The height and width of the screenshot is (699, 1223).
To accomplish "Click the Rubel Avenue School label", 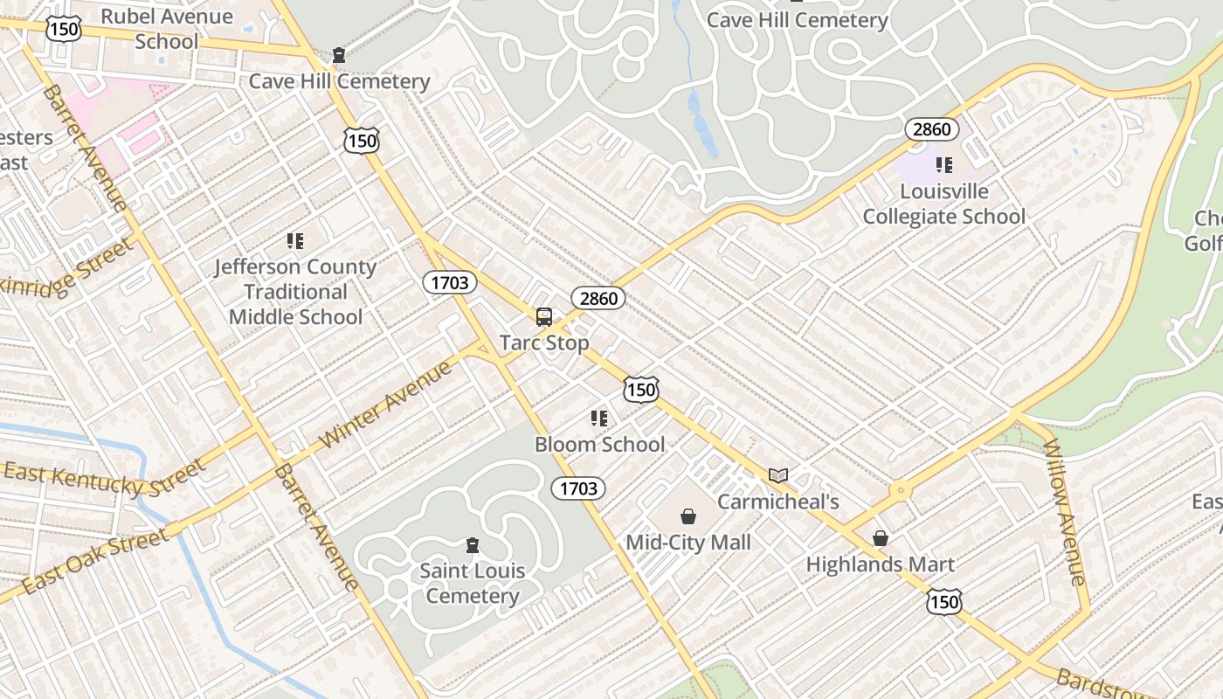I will [x=166, y=29].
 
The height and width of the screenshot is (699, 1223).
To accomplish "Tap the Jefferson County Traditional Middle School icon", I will [x=295, y=241].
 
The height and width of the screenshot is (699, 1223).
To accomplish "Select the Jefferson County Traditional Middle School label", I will [x=295, y=292].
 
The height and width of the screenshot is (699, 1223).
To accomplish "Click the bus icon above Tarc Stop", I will [x=543, y=317].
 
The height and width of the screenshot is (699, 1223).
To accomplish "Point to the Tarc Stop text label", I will [x=543, y=343].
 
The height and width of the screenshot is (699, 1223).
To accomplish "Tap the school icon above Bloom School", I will [x=599, y=419].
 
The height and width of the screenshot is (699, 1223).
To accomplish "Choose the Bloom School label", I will [x=599, y=444].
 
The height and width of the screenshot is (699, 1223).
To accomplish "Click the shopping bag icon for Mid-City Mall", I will [x=688, y=516].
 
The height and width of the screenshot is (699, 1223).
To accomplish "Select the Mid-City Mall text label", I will [x=688, y=543].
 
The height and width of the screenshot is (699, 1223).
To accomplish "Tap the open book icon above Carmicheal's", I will [x=778, y=476].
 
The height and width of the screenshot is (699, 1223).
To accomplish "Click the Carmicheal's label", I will [x=778, y=502].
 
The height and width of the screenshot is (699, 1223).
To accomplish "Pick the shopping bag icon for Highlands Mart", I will [x=881, y=538].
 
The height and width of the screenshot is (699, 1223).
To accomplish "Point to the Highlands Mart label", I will [x=881, y=564].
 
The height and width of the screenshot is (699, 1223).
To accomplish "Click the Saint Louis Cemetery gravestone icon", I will [x=473, y=546].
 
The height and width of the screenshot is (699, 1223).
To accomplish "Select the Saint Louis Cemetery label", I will [x=473, y=584].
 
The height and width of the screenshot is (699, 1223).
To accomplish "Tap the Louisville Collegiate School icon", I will [x=943, y=165].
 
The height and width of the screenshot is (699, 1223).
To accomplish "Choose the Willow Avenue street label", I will [x=1064, y=511].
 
